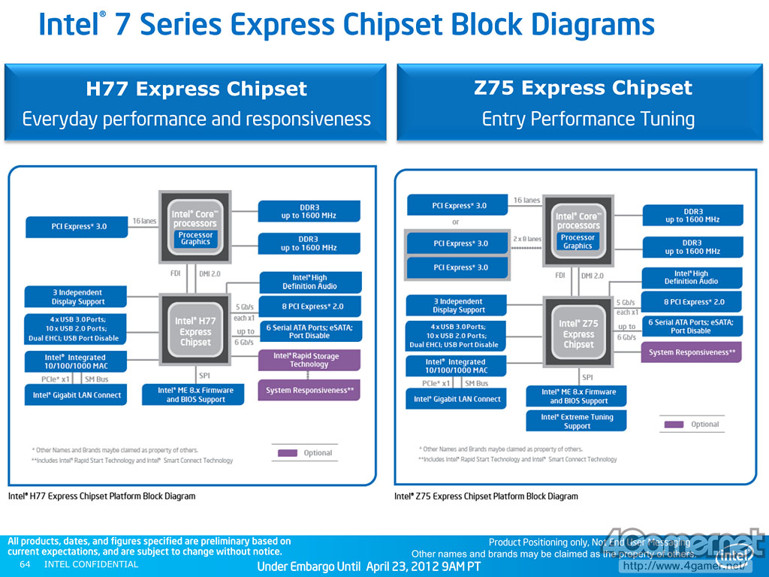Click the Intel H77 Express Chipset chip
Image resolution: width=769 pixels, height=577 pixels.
point(195,331)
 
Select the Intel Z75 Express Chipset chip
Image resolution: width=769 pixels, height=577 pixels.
point(578,334)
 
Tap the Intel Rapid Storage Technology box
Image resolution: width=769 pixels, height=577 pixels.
point(309,361)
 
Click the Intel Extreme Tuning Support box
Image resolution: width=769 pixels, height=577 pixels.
point(577,421)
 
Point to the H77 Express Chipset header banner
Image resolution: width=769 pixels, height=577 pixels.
point(195,103)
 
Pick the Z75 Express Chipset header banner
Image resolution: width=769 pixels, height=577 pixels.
point(583,103)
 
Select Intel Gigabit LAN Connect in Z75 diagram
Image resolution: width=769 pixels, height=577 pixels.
point(457,399)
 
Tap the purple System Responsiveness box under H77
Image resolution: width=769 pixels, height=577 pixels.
point(309,390)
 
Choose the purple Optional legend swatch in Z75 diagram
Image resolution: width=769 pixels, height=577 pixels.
point(674,424)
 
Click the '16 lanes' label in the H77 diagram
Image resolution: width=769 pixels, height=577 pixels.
point(145,221)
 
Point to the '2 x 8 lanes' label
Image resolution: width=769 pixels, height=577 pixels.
point(526,239)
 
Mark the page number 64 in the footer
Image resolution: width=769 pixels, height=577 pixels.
point(25,564)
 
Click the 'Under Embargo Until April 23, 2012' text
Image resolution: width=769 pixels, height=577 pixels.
point(369,566)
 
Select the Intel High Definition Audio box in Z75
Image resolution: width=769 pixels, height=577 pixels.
point(691,277)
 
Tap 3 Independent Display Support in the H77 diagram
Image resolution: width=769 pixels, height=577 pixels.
point(77,297)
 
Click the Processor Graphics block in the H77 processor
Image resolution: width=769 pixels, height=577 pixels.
point(195,238)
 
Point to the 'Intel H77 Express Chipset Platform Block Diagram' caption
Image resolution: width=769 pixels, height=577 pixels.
point(101,497)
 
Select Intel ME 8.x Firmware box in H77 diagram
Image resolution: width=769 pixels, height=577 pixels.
point(195,395)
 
